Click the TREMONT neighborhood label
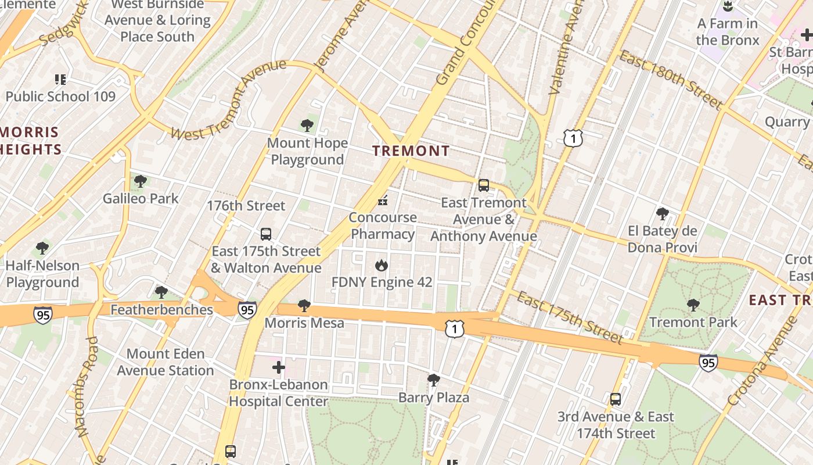[411, 151]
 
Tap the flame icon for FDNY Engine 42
[382, 266]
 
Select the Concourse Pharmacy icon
[382, 201]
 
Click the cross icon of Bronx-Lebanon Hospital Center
[279, 367]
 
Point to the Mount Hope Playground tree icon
[307, 126]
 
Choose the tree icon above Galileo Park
[140, 181]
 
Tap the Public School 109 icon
[60, 79]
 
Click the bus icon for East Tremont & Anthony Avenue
[483, 185]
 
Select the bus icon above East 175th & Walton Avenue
[266, 234]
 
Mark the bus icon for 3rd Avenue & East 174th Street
[616, 399]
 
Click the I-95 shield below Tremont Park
[707, 363]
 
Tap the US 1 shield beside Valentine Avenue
[573, 138]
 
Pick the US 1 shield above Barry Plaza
[455, 329]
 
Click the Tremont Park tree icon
[693, 305]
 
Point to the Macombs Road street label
[84, 387]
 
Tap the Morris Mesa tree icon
[304, 306]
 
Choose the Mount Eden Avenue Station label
[166, 362]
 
